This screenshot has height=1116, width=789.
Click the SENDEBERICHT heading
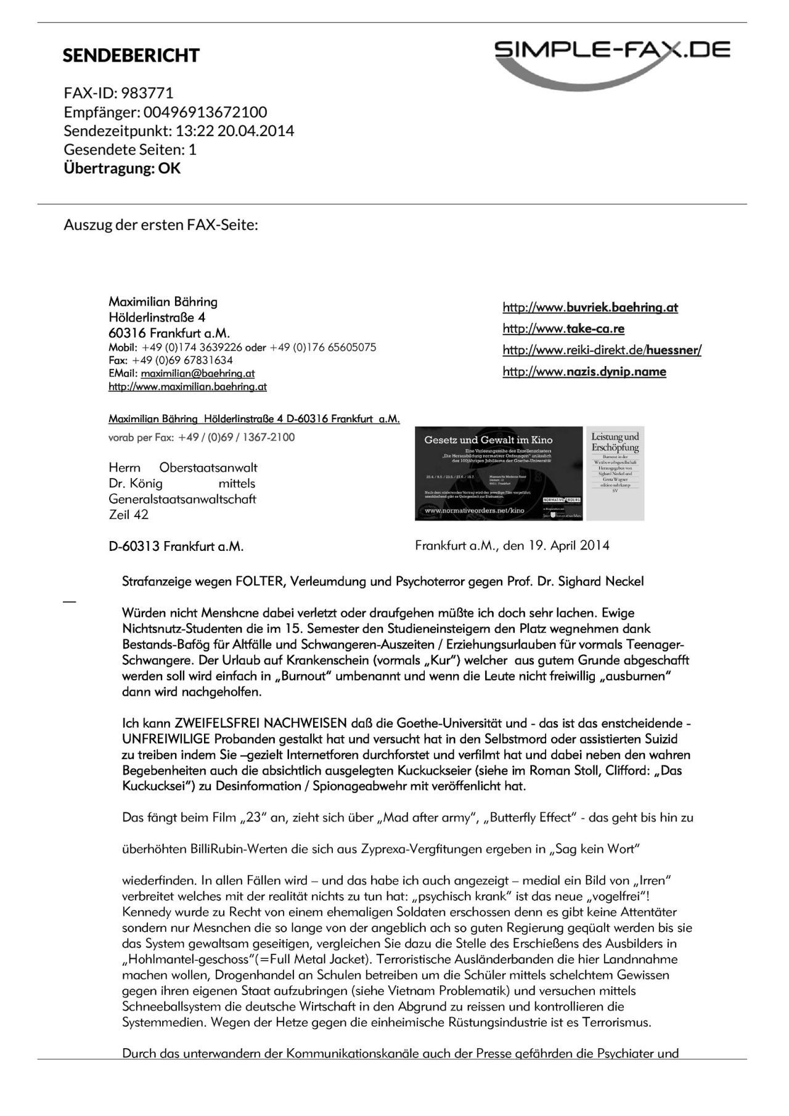pyautogui.click(x=131, y=55)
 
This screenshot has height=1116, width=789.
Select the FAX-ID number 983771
pyautogui.click(x=147, y=93)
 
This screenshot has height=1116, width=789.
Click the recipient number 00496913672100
pyautogui.click(x=205, y=112)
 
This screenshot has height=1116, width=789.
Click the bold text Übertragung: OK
pyautogui.click(x=122, y=168)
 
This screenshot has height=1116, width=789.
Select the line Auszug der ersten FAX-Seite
pyautogui.click(x=161, y=224)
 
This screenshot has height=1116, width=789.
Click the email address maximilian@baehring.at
pyautogui.click(x=197, y=373)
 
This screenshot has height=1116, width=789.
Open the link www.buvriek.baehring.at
pyautogui.click(x=590, y=308)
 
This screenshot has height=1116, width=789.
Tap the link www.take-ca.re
pyautogui.click(x=563, y=328)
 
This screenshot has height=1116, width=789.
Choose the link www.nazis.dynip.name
pyautogui.click(x=584, y=372)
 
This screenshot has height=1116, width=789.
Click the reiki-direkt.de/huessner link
pyautogui.click(x=602, y=350)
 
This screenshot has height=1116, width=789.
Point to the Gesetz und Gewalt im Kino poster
pyautogui.click(x=498, y=473)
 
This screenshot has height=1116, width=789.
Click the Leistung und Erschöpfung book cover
pyautogui.click(x=615, y=473)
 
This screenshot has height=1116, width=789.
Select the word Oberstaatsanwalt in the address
pyautogui.click(x=208, y=468)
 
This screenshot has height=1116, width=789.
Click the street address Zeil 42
pyautogui.click(x=128, y=515)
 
